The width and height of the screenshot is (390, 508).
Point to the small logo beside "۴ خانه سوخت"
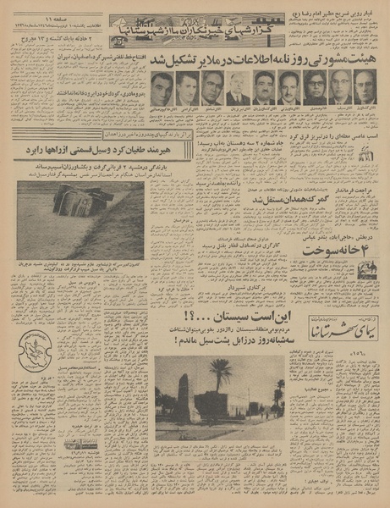365,269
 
